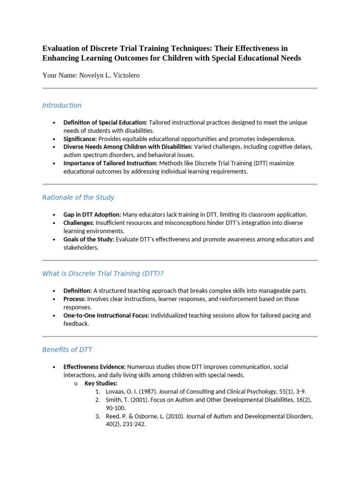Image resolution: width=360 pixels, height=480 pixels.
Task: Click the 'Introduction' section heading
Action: click(x=62, y=105)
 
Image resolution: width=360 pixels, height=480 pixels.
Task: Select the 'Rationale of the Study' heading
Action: click(x=78, y=197)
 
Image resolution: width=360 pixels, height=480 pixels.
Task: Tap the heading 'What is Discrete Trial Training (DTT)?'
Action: click(x=103, y=273)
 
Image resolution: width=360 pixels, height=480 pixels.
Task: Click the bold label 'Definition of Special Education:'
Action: click(x=105, y=122)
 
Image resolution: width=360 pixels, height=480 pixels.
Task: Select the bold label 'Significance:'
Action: click(x=80, y=139)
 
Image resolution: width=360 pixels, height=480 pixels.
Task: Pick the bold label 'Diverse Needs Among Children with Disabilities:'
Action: click(x=128, y=147)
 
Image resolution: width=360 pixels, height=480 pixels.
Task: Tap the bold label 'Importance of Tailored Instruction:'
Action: click(x=111, y=163)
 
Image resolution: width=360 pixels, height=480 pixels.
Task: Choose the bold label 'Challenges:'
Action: click(x=79, y=223)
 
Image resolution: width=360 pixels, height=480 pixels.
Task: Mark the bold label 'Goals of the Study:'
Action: click(x=89, y=239)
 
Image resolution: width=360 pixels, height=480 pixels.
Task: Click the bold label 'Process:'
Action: click(x=75, y=299)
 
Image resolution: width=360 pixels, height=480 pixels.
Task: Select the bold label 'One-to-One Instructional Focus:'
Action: click(x=106, y=315)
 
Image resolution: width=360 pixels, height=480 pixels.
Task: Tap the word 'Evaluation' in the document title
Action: click(x=62, y=48)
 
